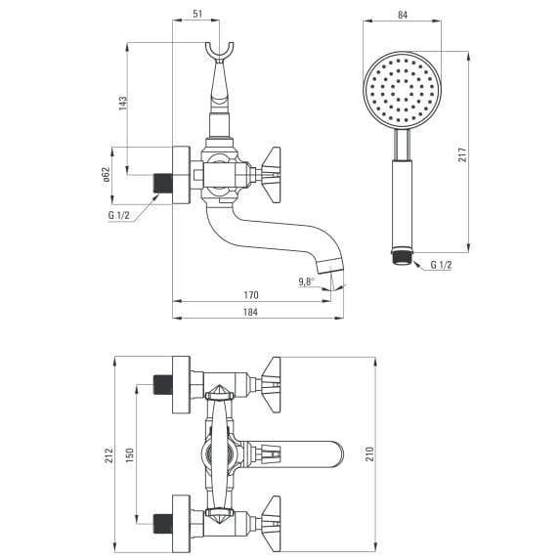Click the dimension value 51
coord(197,14)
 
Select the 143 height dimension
coord(123,103)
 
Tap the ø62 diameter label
coord(107,175)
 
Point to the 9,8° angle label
coord(307,281)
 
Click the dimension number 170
coord(251,295)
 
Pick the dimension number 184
coord(250,312)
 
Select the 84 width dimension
coord(403,15)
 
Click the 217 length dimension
coord(462,154)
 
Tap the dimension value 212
coord(108,455)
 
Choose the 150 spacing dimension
coord(129,455)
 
